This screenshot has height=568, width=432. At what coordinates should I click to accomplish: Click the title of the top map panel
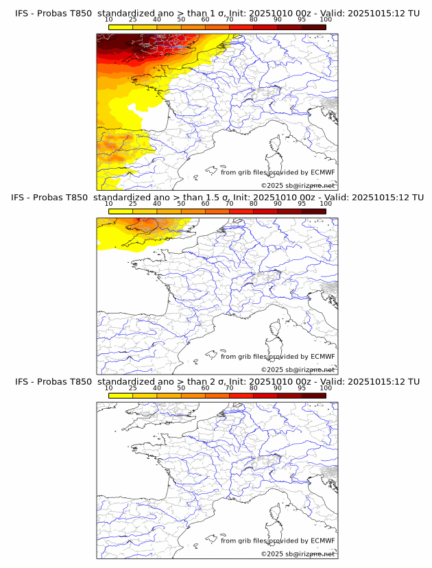[217, 13]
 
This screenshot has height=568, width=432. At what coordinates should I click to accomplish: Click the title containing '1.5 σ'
[217, 198]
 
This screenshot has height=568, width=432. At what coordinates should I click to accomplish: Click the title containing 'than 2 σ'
[217, 381]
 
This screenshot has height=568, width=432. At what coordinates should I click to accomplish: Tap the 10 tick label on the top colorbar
[108, 19]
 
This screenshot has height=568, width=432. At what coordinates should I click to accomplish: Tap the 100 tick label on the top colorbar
[325, 19]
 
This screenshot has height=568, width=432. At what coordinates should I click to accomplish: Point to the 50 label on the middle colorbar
[181, 204]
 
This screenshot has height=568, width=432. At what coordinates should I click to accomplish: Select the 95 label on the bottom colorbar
[302, 388]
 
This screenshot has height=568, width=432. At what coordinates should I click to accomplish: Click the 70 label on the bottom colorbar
[229, 388]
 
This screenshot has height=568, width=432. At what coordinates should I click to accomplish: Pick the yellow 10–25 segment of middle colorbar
[121, 211]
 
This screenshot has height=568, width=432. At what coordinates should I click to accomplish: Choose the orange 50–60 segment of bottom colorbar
[193, 396]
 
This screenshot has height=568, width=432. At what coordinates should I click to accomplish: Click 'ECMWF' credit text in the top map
[322, 172]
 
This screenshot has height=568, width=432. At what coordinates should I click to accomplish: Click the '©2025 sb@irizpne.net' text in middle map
[298, 370]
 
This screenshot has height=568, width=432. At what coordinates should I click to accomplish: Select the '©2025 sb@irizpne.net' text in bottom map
[298, 554]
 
